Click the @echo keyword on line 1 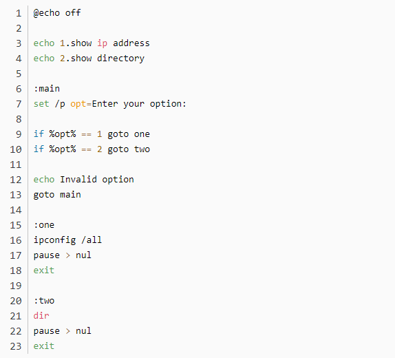47,13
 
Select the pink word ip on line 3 103,43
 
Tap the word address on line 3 131,43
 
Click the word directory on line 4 121,59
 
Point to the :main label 47,89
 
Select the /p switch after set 60,104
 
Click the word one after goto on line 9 142,134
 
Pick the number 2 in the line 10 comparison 100,149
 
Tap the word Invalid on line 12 78,180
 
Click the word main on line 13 70,195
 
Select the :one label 44,225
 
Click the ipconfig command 54,240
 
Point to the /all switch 92,240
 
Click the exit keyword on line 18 44,271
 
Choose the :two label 44,301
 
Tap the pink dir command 41,316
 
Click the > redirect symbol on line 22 67,331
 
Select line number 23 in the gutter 16,346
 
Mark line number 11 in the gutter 16,165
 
